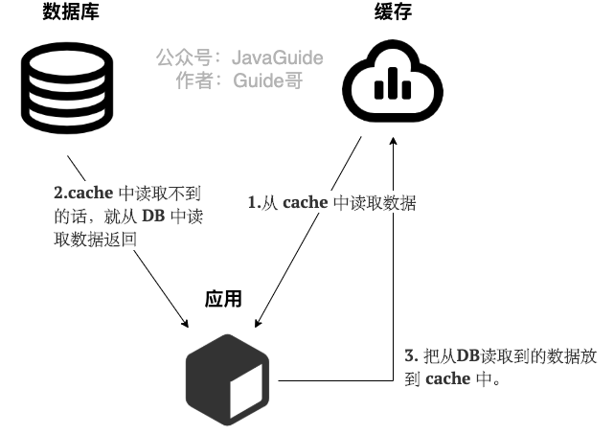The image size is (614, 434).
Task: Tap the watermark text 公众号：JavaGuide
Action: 239,57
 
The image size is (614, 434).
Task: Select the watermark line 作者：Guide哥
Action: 239,80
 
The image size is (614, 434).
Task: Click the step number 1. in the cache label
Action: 255,203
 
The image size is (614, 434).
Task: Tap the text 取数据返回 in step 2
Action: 96,238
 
